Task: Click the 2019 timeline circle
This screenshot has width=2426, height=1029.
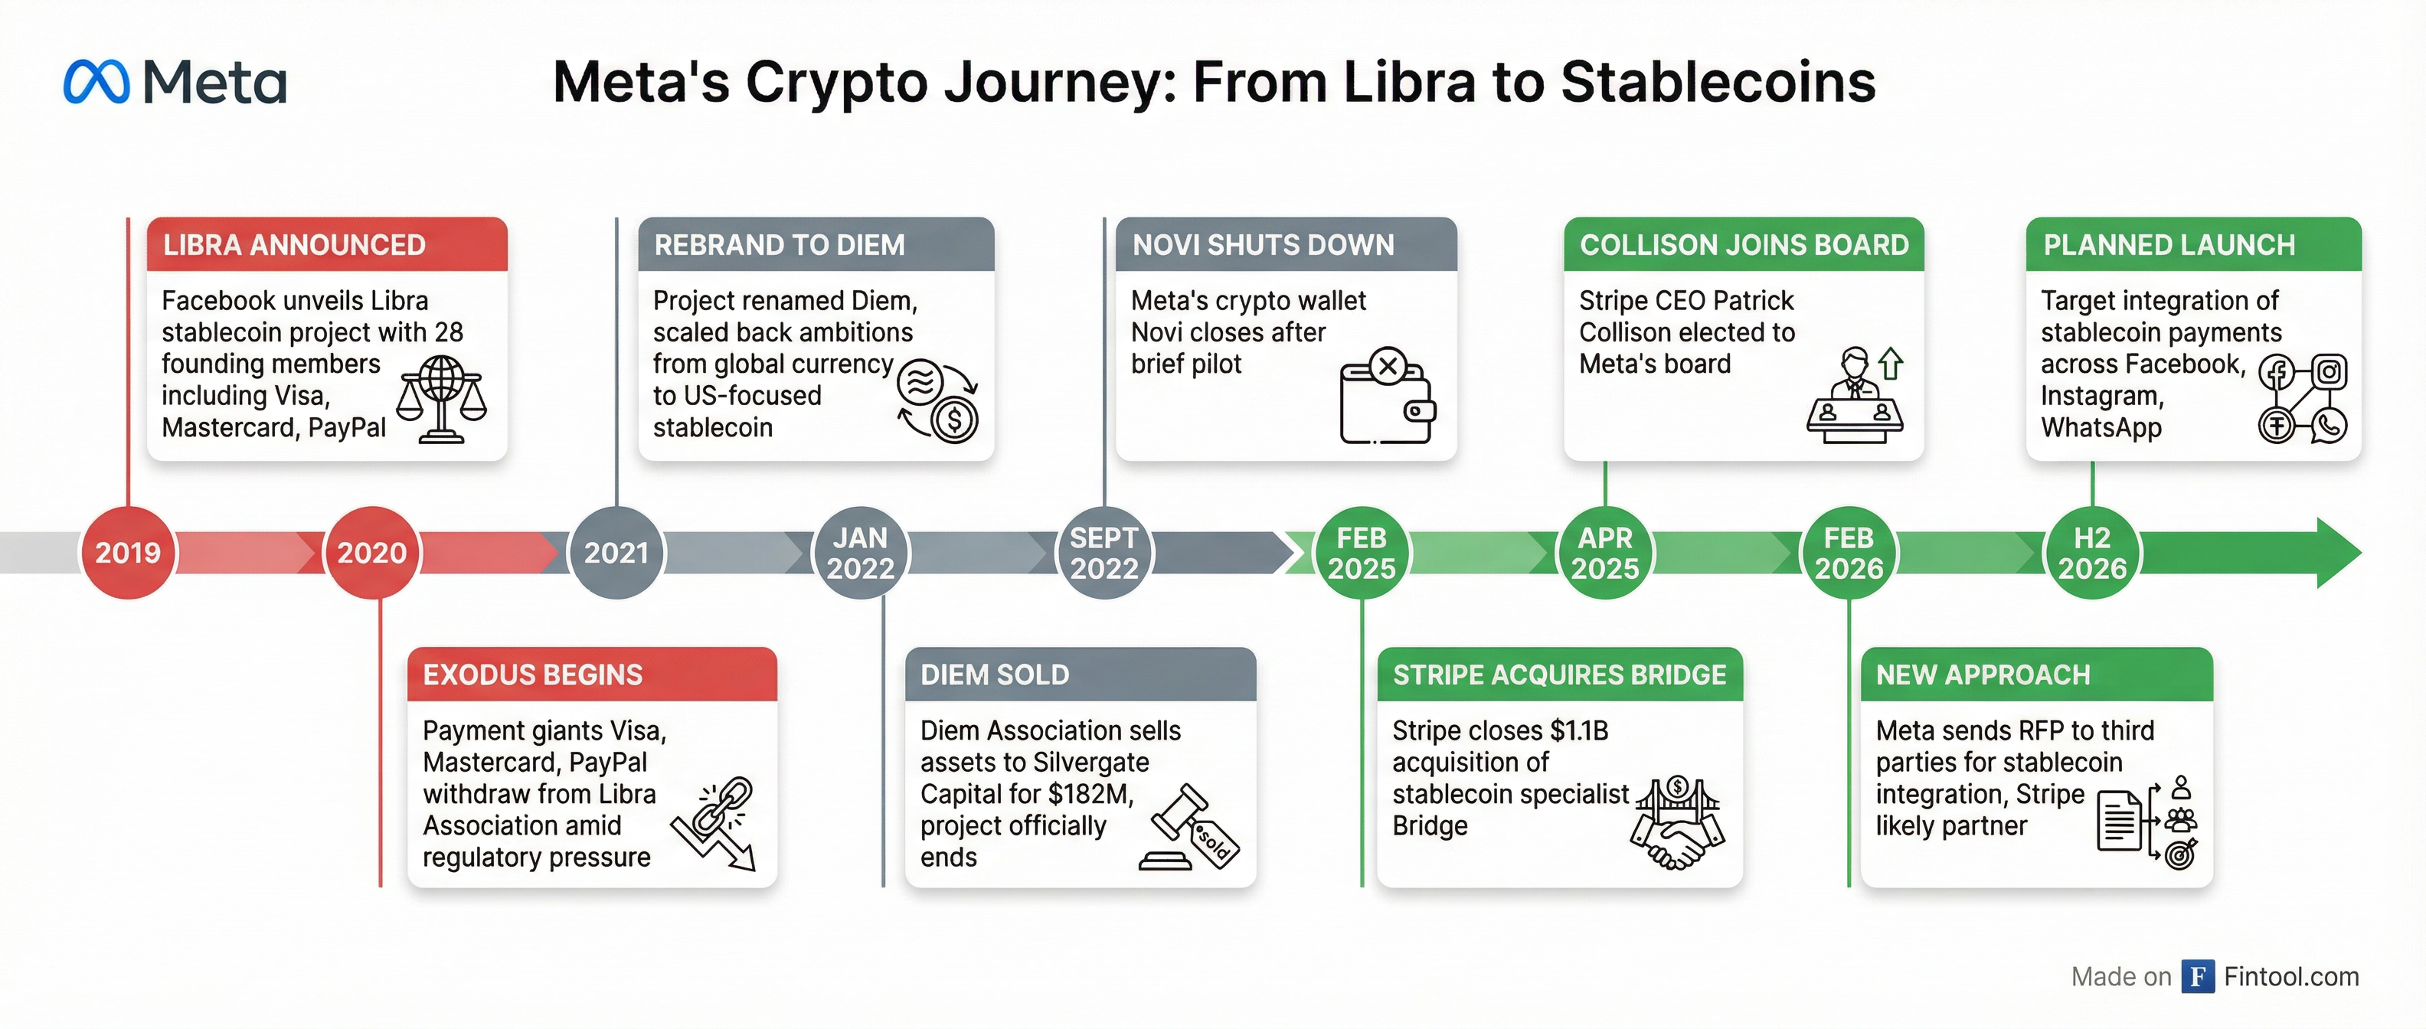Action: tap(128, 553)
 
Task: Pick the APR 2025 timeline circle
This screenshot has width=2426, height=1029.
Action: tap(1605, 553)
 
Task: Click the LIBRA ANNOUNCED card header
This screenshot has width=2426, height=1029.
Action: tap(327, 245)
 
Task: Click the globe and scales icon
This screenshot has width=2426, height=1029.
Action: tap(441, 399)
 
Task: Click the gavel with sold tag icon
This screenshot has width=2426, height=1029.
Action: tap(1189, 828)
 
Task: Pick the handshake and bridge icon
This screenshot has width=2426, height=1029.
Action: tap(1677, 822)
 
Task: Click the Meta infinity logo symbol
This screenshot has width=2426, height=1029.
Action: tap(96, 82)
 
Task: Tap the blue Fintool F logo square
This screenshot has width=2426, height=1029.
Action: tap(2197, 976)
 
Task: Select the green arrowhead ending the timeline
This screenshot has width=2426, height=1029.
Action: tap(2336, 553)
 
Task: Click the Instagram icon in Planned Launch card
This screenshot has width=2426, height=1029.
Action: tap(2329, 372)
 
